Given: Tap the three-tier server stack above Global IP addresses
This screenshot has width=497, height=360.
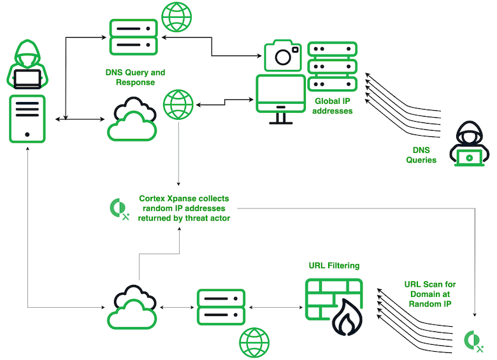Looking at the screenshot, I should pos(332,66).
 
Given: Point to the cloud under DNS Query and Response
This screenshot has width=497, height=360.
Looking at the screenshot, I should pos(131,119).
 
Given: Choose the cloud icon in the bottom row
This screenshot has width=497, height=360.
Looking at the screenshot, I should pos(132,308).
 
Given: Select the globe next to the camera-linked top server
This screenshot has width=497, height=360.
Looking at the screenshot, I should pos(177,17).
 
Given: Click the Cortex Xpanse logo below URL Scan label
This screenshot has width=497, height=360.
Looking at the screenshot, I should pos(473,340).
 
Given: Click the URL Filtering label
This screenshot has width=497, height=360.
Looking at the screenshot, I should pos(334,265).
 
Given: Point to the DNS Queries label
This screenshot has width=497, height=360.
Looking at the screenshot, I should pos(421,155).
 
